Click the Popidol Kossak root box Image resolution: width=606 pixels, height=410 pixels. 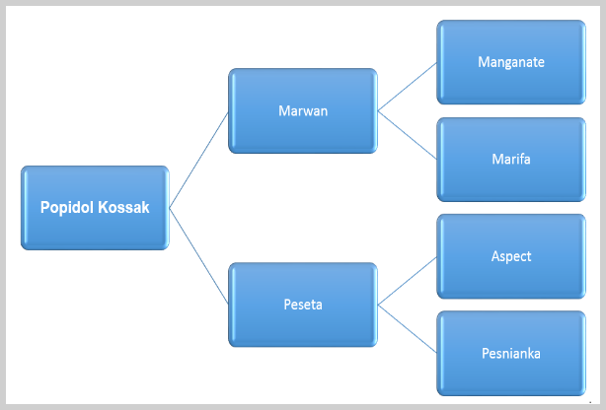coord(95,208)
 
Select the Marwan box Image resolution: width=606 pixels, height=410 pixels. coord(303,110)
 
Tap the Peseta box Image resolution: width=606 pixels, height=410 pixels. coord(303,305)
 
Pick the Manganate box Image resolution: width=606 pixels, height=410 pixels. coord(511,62)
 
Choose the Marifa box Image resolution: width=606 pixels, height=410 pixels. coord(511,160)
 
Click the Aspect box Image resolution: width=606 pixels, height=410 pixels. coord(511,256)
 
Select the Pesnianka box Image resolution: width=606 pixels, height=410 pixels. coord(511,353)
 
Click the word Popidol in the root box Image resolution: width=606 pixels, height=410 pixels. coord(67,208)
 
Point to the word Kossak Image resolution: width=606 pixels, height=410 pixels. coord(123,207)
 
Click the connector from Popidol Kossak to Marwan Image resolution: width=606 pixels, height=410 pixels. coord(198,160)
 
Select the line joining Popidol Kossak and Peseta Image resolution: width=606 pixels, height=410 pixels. coord(198,256)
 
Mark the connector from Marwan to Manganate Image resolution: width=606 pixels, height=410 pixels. coord(408,87)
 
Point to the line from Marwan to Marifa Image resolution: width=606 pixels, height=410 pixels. coord(408,135)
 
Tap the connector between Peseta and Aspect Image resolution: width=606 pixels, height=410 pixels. coord(408,281)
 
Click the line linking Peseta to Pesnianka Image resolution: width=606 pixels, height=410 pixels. coord(408,328)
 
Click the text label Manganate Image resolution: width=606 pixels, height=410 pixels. coord(511,62)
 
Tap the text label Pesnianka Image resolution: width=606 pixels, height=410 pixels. coord(511,353)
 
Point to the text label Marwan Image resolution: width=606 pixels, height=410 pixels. coord(303,110)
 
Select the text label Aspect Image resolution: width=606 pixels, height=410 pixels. coord(511,256)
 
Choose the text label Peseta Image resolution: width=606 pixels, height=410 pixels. coord(303,305)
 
